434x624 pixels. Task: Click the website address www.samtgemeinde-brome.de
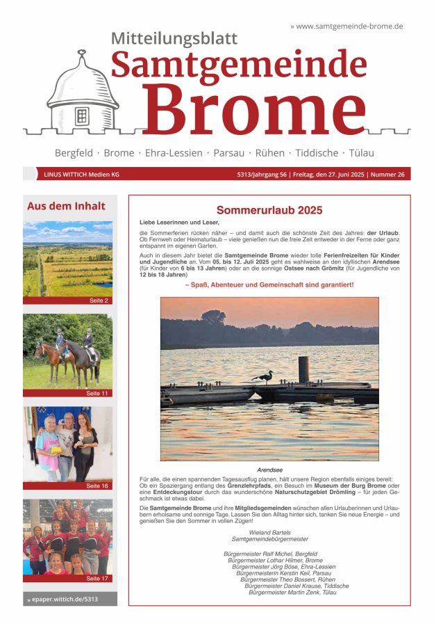click(349, 26)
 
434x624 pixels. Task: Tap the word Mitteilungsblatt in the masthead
click(174, 39)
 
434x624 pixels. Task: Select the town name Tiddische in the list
click(317, 152)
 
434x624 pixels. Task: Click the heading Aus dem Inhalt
click(66, 206)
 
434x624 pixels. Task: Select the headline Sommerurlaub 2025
click(269, 210)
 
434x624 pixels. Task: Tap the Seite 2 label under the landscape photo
click(99, 301)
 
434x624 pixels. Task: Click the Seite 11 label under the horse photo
click(97, 393)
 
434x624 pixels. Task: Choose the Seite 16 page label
click(97, 486)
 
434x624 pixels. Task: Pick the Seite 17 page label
click(97, 578)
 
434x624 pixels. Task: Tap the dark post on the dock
click(303, 370)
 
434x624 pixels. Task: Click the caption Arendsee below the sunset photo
click(269, 470)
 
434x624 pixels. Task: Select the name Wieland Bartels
click(269, 532)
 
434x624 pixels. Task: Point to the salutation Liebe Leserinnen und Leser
click(169, 222)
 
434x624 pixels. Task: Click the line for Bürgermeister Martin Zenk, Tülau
click(292, 592)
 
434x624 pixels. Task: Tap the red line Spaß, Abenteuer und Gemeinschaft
click(269, 285)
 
